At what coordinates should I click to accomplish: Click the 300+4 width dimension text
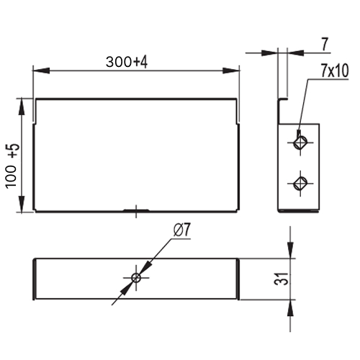point(127,62)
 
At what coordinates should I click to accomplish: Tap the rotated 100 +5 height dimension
point(12,166)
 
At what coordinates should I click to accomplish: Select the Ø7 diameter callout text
point(181,230)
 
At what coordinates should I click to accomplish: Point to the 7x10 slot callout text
point(335,71)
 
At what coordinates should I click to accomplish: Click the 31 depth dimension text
point(282,279)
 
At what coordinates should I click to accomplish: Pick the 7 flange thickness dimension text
point(325,45)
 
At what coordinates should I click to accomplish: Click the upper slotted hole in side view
point(300,143)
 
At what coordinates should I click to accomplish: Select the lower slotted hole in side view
point(300,184)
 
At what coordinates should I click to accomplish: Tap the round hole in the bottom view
point(136,278)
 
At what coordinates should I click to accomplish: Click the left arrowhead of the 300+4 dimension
point(41,71)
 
